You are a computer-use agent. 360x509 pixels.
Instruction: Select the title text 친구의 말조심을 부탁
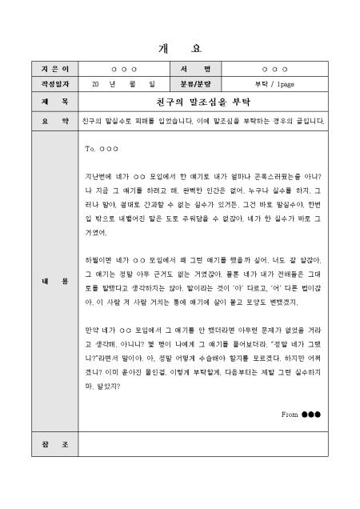coord(203,102)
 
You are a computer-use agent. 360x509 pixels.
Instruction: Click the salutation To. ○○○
coord(101,149)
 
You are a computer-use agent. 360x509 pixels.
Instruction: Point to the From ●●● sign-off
coord(300,415)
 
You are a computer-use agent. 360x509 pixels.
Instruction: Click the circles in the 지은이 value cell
coord(123,69)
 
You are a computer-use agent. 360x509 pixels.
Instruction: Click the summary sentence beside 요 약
coord(203,122)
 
